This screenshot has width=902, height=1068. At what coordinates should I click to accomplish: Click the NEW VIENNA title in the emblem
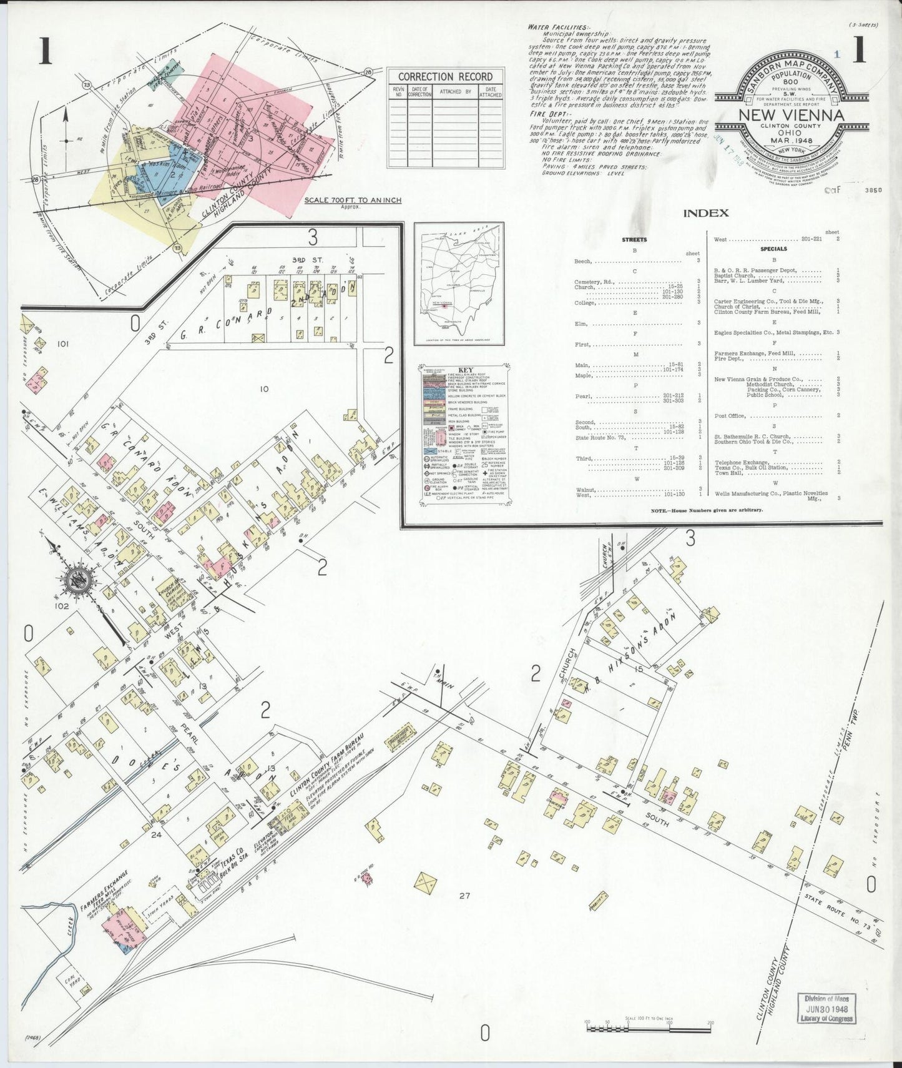[x=791, y=116]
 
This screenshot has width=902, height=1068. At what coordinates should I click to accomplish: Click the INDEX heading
[x=705, y=213]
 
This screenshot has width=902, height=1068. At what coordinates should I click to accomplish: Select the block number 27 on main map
[x=463, y=895]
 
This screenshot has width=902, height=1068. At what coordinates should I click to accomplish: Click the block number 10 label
[x=264, y=388]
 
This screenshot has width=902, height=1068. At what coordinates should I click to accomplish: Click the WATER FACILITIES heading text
[x=557, y=28]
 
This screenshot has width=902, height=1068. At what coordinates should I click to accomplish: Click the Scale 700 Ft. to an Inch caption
[x=353, y=200]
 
